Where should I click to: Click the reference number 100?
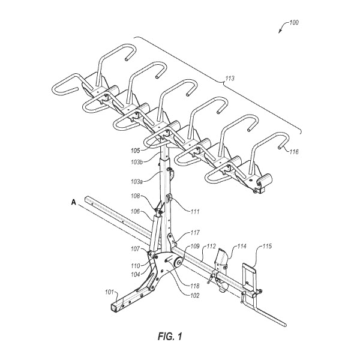point(294,23)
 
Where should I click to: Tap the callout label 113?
point(230,78)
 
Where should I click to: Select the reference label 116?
point(294,152)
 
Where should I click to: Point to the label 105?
point(136,151)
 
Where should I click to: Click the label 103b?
point(137,162)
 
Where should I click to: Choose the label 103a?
point(137,182)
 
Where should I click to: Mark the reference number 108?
point(136,196)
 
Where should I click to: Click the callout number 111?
point(195,211)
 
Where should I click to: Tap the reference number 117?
point(195,233)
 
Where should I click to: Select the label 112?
point(211,247)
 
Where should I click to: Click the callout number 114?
point(242,247)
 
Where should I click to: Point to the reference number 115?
point(267,247)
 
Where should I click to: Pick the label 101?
point(110,292)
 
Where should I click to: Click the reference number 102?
point(194,295)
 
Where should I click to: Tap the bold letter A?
point(73,202)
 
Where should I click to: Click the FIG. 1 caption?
point(170,337)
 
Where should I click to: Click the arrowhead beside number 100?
point(280,31)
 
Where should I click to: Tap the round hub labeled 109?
point(178,262)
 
